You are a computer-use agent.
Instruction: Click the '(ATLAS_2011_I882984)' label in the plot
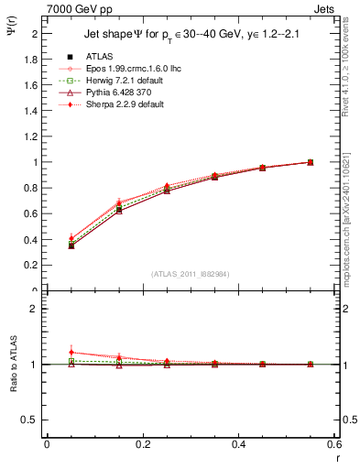191,275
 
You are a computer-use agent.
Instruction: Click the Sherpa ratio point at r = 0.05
71,353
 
